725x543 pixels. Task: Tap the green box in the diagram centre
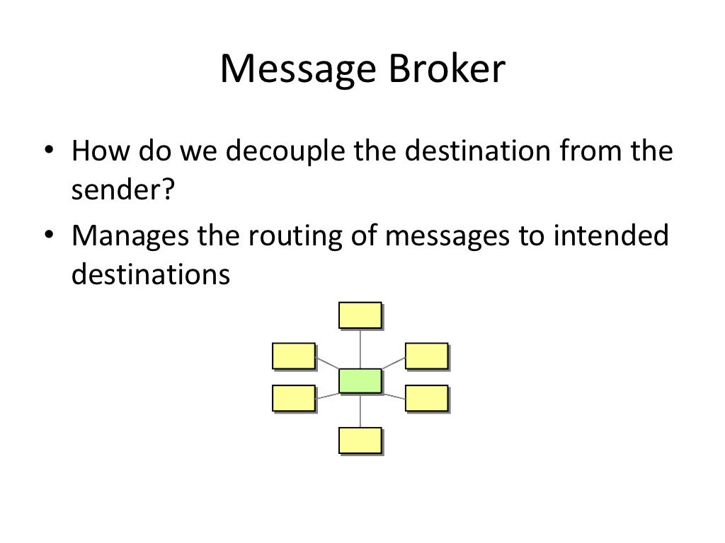coord(360,380)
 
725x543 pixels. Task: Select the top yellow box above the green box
coord(360,315)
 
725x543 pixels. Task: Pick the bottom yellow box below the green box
coord(360,440)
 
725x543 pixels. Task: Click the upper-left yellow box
coord(293,356)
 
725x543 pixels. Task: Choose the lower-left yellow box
coord(293,398)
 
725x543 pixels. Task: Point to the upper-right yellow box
coord(426,356)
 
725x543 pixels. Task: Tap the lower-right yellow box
coord(426,398)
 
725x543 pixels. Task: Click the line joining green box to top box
coord(361,349)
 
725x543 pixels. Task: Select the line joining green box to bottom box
coord(361,410)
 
